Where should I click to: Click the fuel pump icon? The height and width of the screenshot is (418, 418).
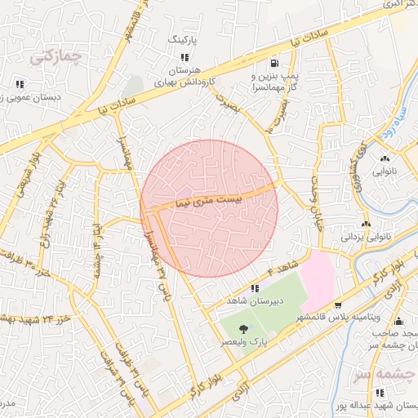[x=272, y=62]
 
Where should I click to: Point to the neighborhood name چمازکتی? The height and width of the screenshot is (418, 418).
[x=55, y=57]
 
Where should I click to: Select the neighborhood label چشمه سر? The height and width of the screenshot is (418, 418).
[x=383, y=372]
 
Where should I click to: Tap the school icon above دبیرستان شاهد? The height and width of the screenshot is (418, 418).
[x=255, y=288]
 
